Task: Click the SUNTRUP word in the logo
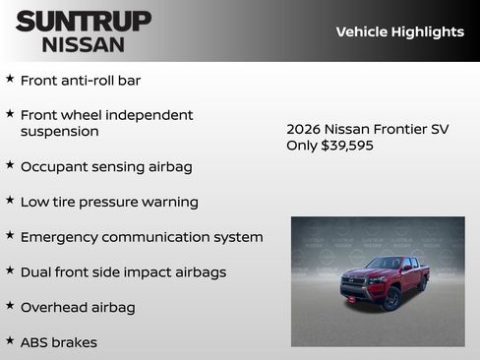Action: pos(84,21)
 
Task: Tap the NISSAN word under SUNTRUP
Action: pos(84,43)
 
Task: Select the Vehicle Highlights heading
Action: pos(399,31)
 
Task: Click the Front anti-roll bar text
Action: pos(81,80)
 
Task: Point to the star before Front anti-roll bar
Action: pos(10,79)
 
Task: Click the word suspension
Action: pos(60,131)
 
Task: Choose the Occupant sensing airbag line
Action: pos(106,166)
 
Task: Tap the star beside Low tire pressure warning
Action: pos(10,201)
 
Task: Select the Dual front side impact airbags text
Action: pos(123,271)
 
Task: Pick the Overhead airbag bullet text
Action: pos(78,307)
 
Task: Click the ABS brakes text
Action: pos(59,342)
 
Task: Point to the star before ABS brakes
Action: pos(10,341)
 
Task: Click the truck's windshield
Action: pos(385,264)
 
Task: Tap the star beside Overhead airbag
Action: pos(10,306)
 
